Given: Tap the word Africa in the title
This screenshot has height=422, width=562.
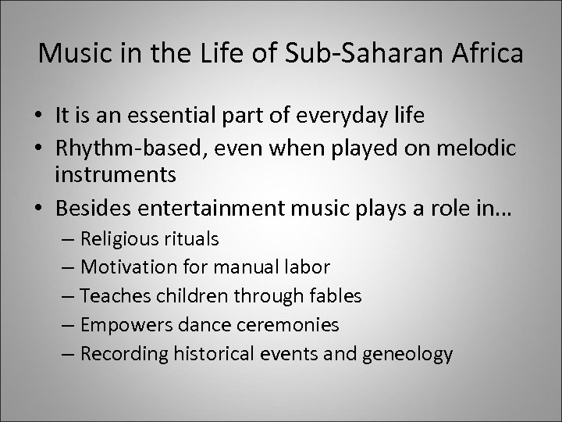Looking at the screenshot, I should click(x=489, y=56).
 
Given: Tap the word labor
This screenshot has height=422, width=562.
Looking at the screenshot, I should click(x=308, y=267).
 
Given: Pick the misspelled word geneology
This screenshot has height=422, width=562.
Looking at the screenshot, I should click(x=407, y=354).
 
